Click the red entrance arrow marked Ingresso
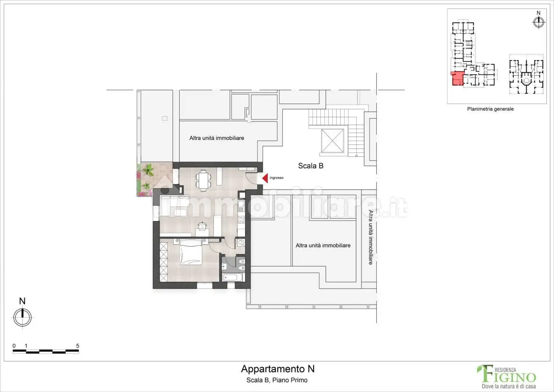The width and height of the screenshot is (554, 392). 265,178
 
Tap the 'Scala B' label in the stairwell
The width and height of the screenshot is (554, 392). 310,166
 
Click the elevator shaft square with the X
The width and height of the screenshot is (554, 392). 332,140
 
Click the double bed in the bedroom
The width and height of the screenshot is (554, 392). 191,252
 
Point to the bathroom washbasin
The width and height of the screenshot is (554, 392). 225,266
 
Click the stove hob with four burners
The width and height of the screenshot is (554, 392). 241,220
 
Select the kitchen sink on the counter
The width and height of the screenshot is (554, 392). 241,206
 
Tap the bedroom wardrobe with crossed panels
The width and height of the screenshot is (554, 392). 164,262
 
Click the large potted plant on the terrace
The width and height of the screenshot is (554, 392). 148,171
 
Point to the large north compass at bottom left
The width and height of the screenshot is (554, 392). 22,317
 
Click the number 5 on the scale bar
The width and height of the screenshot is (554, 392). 78,346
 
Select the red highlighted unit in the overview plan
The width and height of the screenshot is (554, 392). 457,79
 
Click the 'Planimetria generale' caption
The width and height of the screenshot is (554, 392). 490,109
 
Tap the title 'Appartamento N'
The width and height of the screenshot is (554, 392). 278,369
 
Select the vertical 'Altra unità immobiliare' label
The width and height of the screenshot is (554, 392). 370,237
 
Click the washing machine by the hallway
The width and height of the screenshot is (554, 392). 241,243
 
